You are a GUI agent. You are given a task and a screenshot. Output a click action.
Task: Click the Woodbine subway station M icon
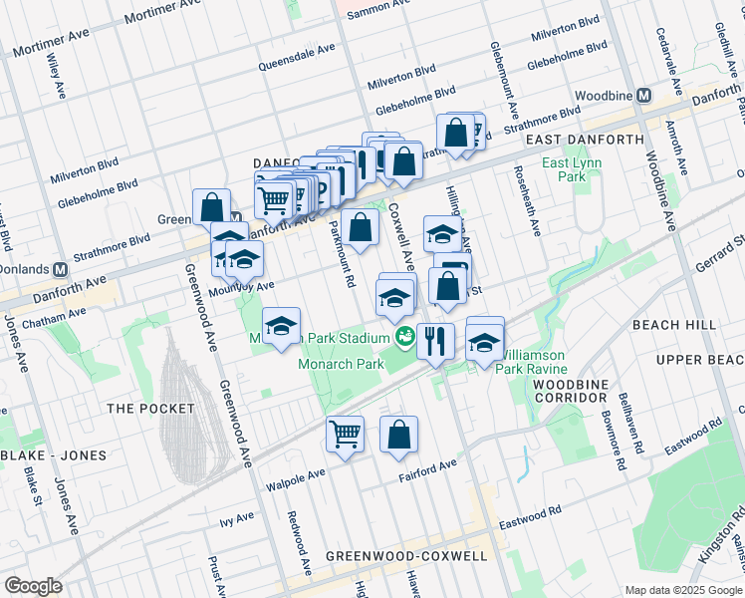(x=644, y=96)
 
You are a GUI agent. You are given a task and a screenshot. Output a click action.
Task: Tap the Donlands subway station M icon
(x=60, y=270)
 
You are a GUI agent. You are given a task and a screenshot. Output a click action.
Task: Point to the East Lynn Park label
(x=565, y=168)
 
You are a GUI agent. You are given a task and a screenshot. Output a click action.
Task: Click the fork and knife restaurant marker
(x=435, y=341)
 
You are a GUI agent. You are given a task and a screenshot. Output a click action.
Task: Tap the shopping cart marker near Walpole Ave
(x=345, y=435)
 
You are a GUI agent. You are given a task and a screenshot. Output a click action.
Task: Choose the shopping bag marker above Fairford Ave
(x=398, y=435)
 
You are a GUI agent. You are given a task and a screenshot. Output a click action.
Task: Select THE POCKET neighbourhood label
(x=140, y=409)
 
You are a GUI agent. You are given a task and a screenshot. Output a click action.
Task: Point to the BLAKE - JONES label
(x=53, y=455)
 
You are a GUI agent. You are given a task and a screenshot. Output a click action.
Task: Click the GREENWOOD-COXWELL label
(x=406, y=556)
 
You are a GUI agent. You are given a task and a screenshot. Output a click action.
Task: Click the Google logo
(x=33, y=586)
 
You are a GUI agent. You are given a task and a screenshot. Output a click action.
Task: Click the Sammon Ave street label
(x=376, y=5)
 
